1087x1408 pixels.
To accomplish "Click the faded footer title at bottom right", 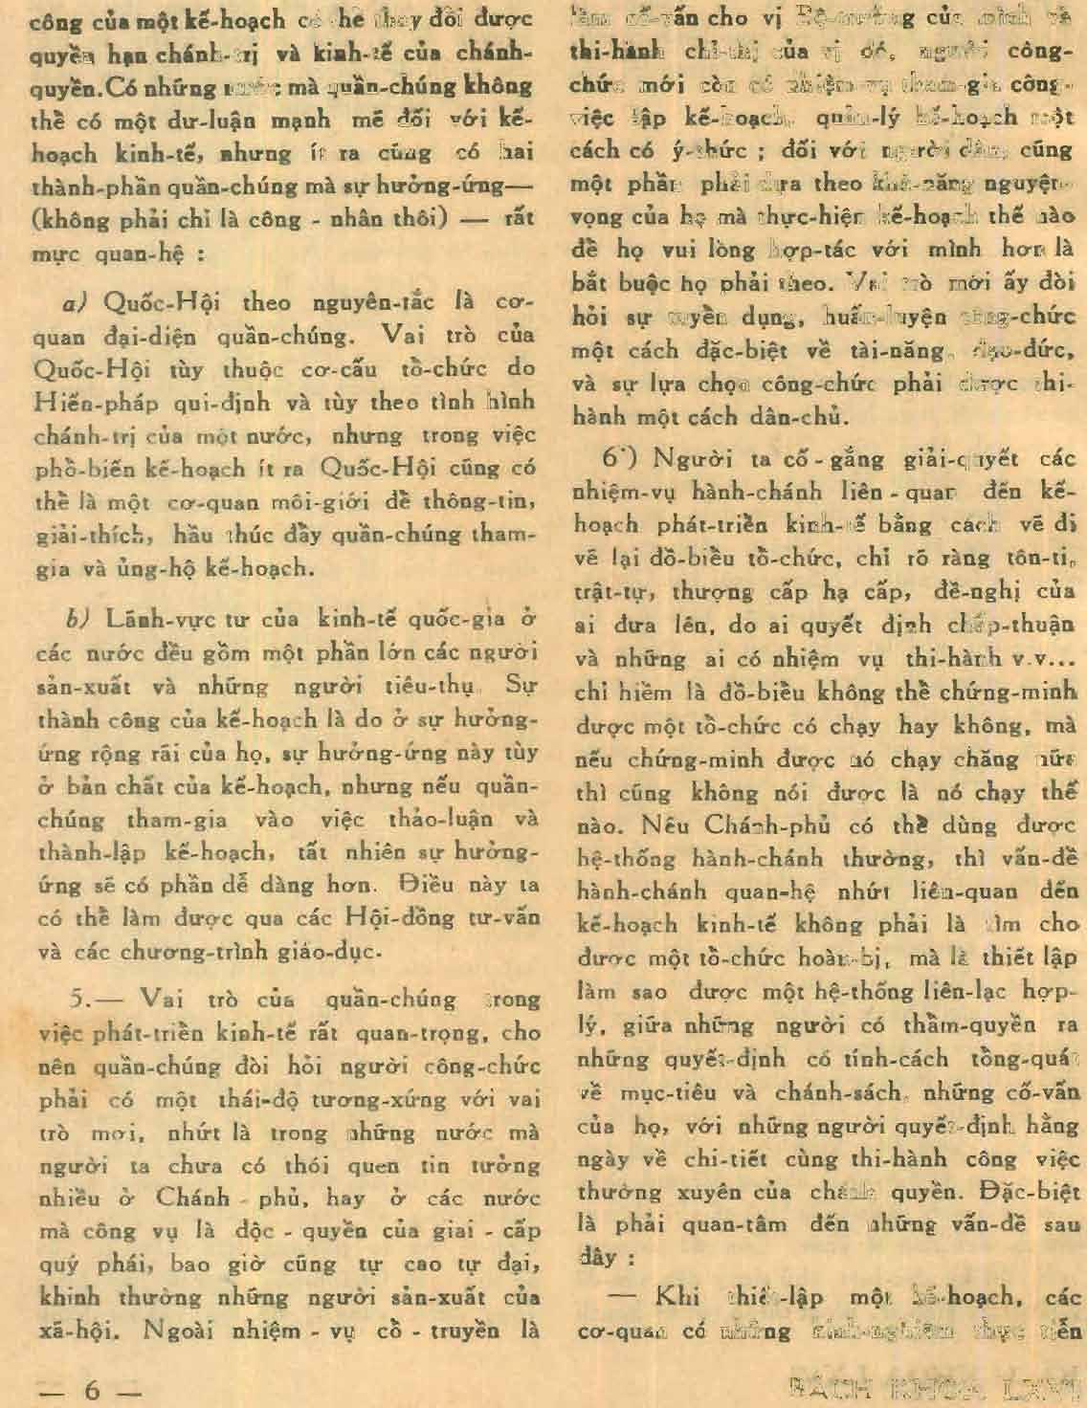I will tap(933, 1387).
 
